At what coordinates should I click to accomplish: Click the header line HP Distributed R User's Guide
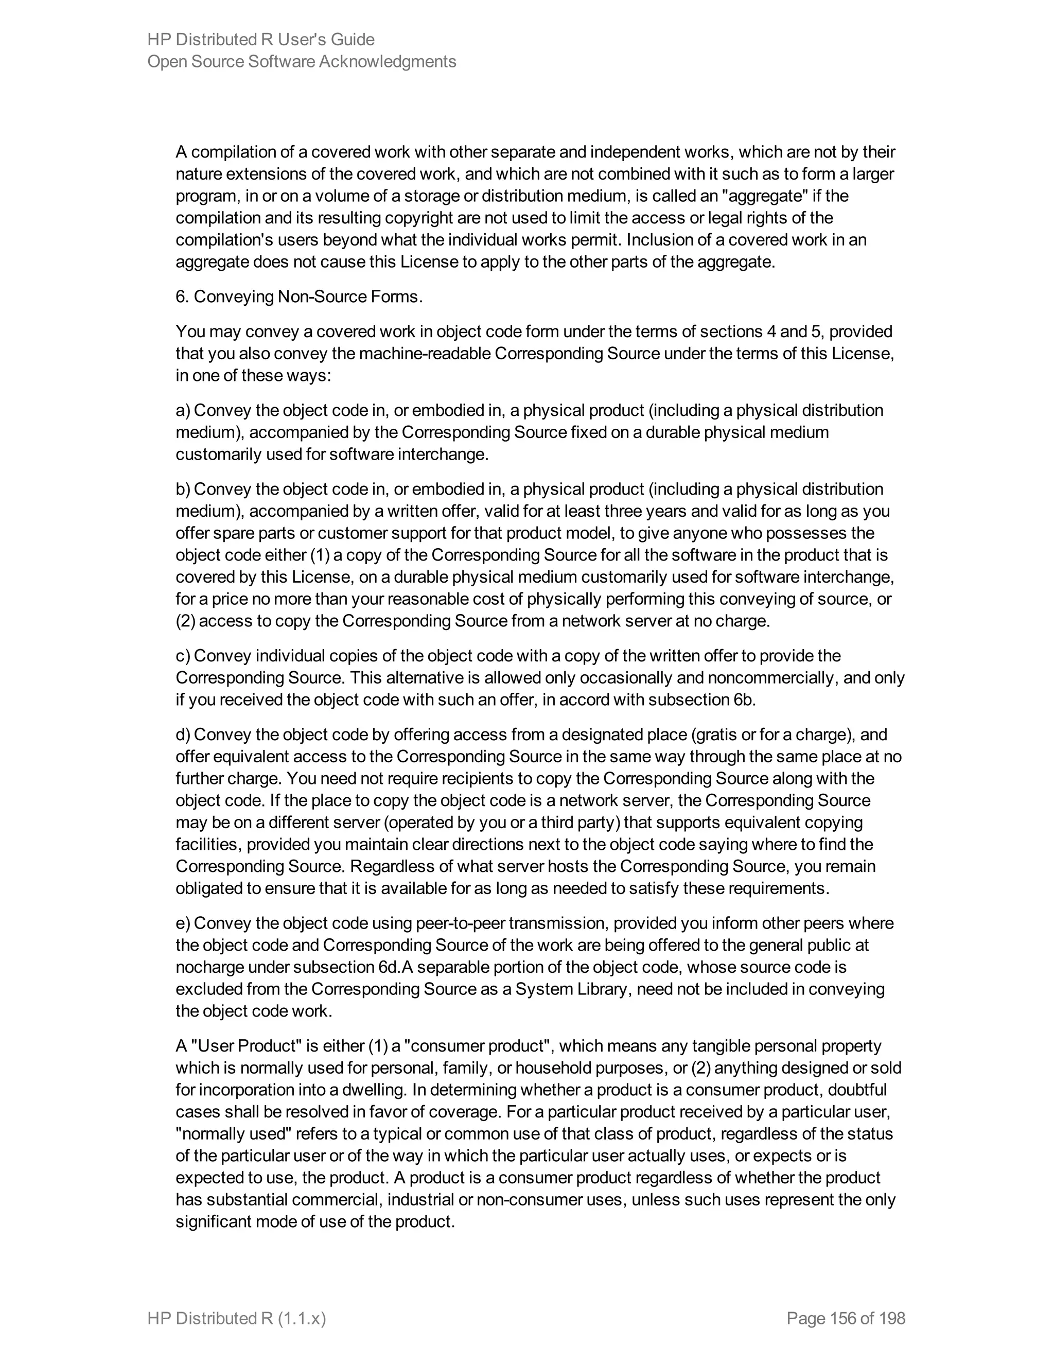(x=260, y=39)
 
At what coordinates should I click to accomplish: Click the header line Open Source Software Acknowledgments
(x=302, y=61)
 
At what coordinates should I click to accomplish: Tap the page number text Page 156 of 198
(x=846, y=1318)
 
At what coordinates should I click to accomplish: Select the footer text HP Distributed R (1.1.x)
(x=237, y=1318)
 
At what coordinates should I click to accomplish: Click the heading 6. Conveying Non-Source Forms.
(x=299, y=296)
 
